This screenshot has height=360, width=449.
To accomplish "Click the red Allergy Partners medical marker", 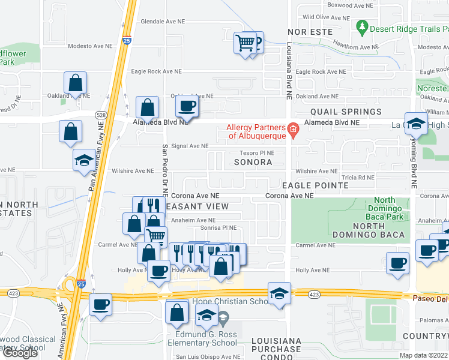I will [292, 129].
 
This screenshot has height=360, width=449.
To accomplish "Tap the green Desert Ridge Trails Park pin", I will [362, 27].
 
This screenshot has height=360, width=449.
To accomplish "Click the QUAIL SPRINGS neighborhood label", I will [345, 112].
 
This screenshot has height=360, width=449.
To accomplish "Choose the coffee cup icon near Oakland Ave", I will [186, 107].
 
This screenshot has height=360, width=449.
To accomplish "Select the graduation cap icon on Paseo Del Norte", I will [279, 294].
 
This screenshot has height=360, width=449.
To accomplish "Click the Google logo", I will [20, 352].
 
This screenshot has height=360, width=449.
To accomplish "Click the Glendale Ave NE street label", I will [162, 21].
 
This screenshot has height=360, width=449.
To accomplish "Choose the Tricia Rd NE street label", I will [357, 178].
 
